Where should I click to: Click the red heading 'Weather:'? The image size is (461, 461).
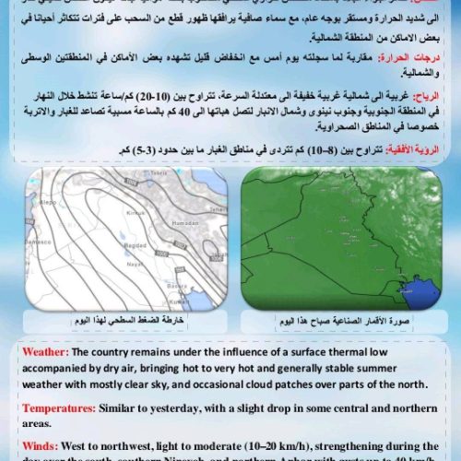(x=45, y=350)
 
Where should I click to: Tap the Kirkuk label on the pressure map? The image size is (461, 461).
(x=136, y=212)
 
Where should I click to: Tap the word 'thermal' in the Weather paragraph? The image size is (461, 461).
(x=335, y=350)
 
